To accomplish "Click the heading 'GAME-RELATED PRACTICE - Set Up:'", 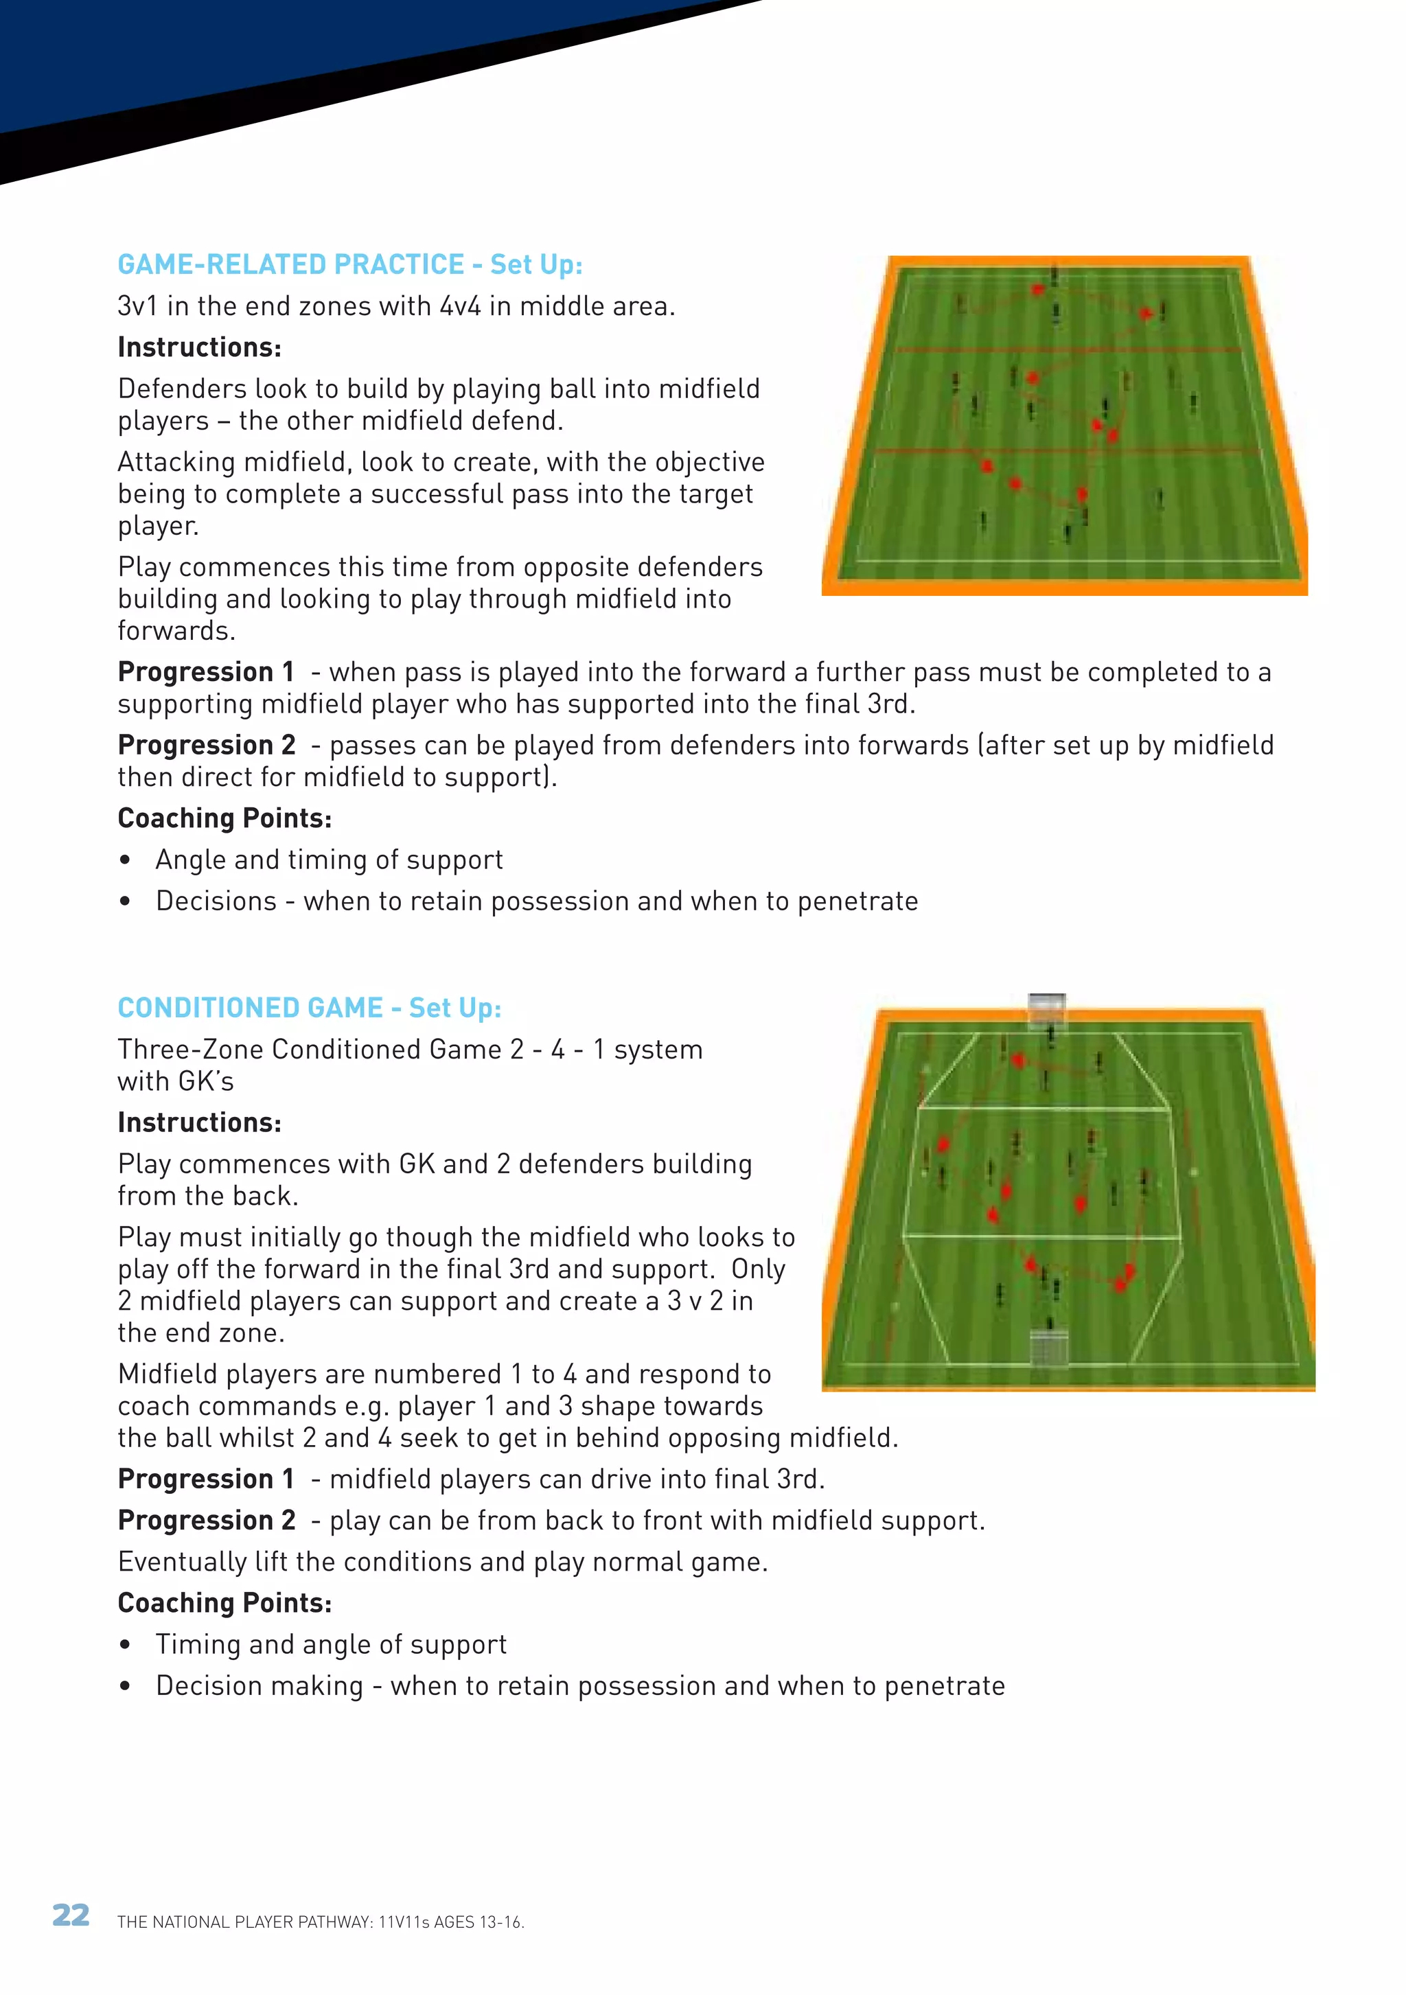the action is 349,264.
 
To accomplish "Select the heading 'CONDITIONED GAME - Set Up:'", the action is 310,1008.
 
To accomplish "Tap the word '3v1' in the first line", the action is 137,307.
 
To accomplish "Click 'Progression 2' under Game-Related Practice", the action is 206,746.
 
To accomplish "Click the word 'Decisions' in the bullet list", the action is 216,902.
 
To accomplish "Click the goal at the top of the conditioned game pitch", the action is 1046,1008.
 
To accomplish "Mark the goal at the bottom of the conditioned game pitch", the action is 1048,1347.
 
